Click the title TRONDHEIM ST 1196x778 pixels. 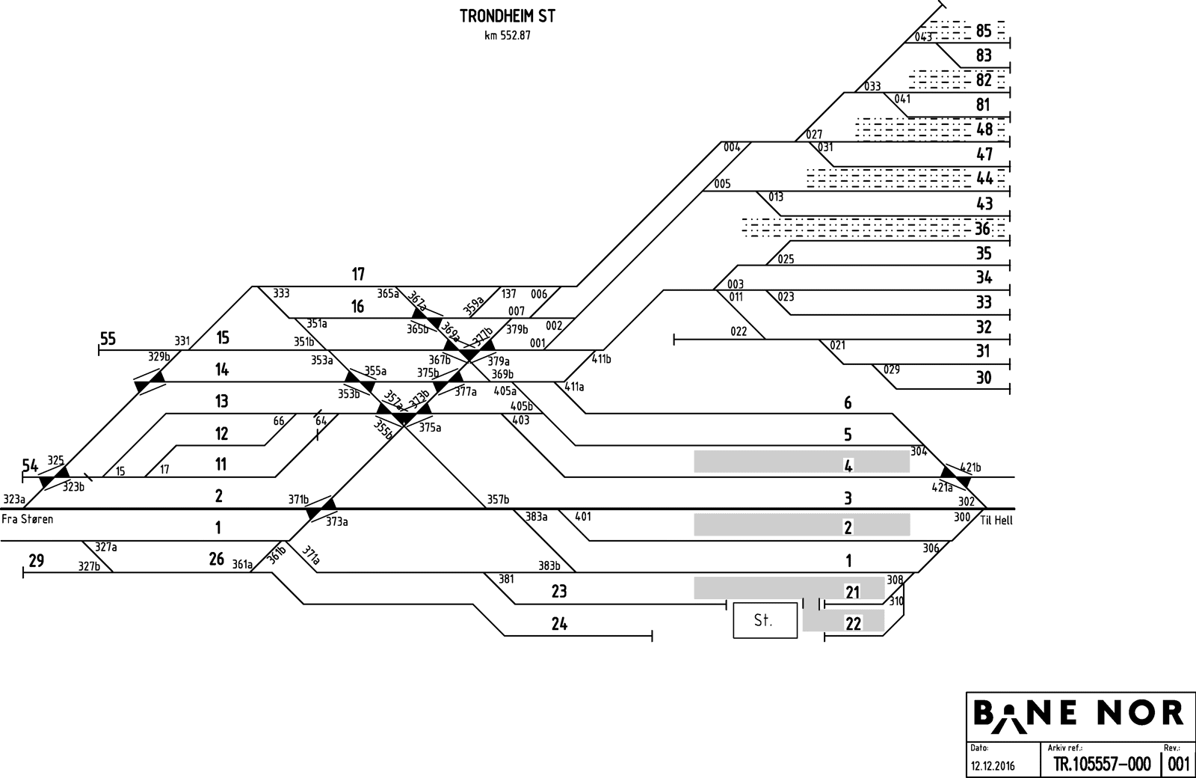(x=507, y=16)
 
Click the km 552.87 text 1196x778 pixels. (x=507, y=35)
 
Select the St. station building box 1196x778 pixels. (x=765, y=620)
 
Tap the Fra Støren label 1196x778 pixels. (x=27, y=519)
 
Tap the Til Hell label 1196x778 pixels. (x=996, y=521)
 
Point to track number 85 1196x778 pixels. (x=984, y=31)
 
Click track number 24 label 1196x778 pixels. (x=558, y=623)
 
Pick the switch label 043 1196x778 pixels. (x=924, y=37)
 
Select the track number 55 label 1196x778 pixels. (x=108, y=339)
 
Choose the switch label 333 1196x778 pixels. (x=281, y=293)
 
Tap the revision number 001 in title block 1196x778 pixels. (x=1178, y=765)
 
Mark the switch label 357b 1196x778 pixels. (x=498, y=500)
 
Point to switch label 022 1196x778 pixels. (x=738, y=332)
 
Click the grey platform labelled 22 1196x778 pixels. (x=844, y=621)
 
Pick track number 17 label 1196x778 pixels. (x=358, y=275)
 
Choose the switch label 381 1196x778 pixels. (x=506, y=578)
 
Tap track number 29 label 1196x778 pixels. (x=36, y=560)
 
